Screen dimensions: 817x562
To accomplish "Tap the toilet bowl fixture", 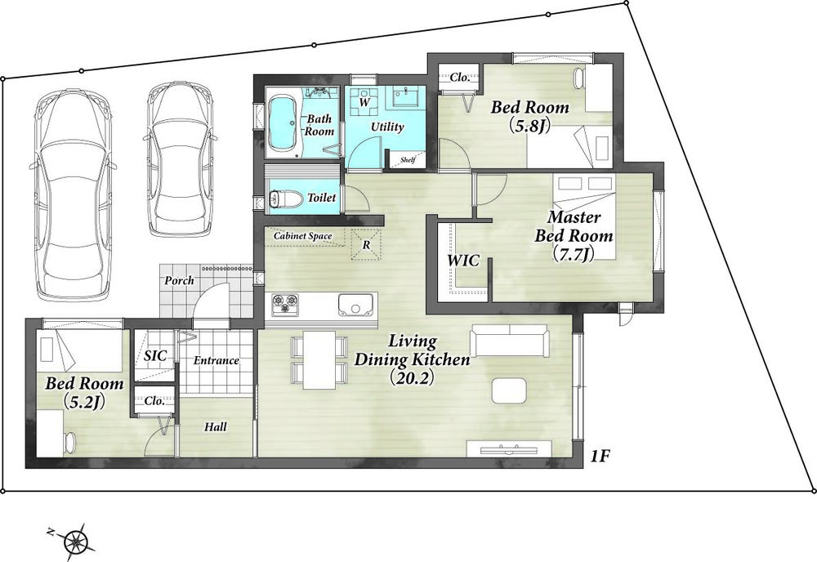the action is (284, 198).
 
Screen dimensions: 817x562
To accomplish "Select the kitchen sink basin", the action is (356, 304).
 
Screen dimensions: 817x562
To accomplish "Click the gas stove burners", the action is (285, 304).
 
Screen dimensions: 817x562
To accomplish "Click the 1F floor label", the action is (600, 457).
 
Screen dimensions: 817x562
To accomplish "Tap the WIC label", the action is (463, 261).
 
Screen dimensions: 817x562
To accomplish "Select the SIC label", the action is (155, 355).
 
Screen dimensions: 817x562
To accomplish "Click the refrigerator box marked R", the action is (367, 243).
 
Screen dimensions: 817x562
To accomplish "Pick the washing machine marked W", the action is (364, 101).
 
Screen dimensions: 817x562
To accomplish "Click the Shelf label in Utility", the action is (408, 160).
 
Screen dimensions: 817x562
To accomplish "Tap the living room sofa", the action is (510, 341).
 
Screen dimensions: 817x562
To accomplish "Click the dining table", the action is (319, 359).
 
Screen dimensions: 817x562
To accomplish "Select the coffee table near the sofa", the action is (509, 390).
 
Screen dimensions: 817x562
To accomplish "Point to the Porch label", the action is (179, 281).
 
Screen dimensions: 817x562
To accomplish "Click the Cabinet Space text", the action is (303, 236).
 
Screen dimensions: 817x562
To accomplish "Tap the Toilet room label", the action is (321, 198).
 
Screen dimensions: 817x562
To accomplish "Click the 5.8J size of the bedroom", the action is (530, 126).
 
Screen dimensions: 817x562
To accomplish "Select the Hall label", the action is (215, 427).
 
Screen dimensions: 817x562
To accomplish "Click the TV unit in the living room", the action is (509, 448).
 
